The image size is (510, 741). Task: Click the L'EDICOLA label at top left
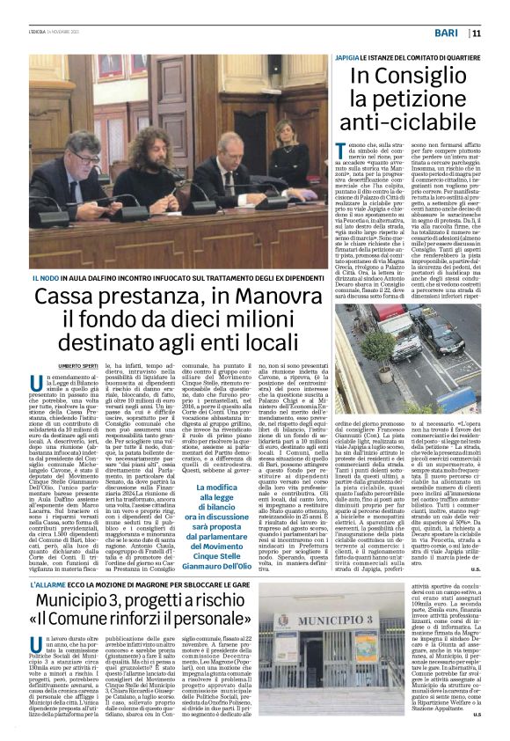40,33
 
